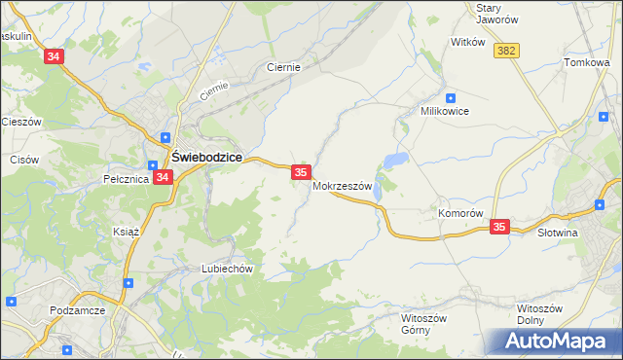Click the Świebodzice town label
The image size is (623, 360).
(x=207, y=157)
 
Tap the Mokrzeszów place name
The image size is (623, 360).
(x=343, y=186)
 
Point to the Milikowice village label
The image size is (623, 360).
(x=445, y=111)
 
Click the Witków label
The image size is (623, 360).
(x=467, y=42)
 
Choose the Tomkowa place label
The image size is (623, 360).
(x=585, y=63)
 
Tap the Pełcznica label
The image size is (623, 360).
(x=125, y=179)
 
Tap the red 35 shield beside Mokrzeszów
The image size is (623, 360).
(x=301, y=172)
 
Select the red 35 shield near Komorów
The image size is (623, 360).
(x=499, y=227)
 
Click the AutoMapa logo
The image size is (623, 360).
(x=556, y=341)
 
